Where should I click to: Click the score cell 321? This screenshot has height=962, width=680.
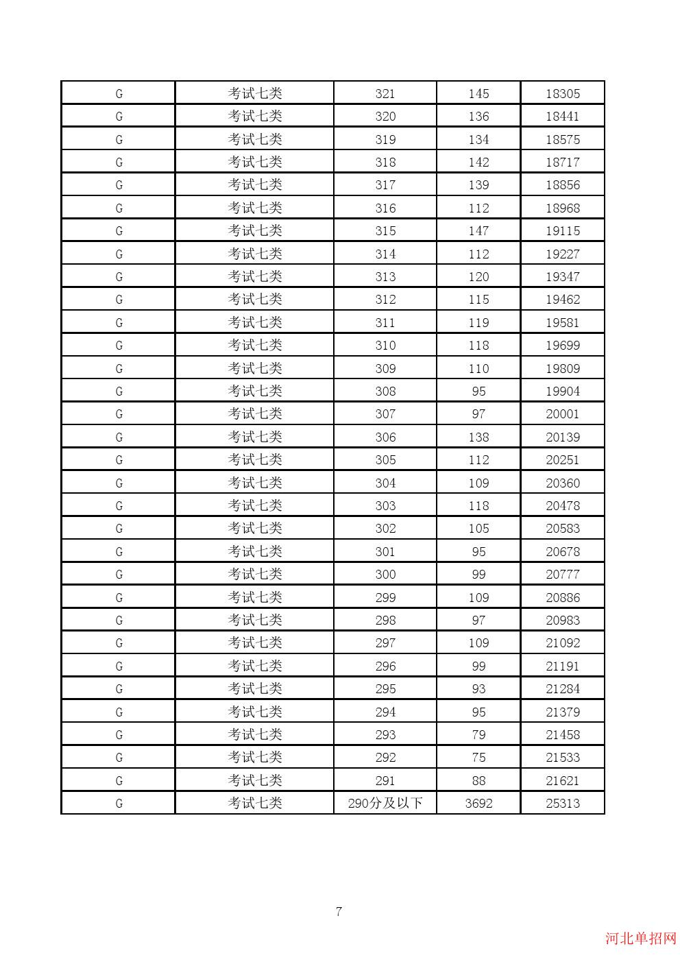pyautogui.click(x=385, y=94)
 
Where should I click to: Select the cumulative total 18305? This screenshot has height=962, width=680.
pyautogui.click(x=563, y=94)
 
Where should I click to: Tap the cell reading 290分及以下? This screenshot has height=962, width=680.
pyautogui.click(x=385, y=803)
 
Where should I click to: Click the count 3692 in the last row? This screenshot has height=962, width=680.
pyautogui.click(x=478, y=803)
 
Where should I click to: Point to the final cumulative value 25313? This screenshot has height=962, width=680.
pyautogui.click(x=563, y=803)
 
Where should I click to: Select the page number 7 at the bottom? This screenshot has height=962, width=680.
pyautogui.click(x=339, y=911)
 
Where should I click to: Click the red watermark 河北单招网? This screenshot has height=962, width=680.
pyautogui.click(x=640, y=939)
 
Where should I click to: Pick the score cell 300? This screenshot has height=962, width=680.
pyautogui.click(x=385, y=575)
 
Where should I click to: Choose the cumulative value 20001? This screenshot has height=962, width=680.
pyautogui.click(x=563, y=414)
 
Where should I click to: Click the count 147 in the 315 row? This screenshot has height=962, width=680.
pyautogui.click(x=478, y=231)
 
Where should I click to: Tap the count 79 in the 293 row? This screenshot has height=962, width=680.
pyautogui.click(x=478, y=734)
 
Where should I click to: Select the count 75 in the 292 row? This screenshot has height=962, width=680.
pyautogui.click(x=478, y=758)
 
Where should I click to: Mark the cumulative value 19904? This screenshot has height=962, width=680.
pyautogui.click(x=563, y=392)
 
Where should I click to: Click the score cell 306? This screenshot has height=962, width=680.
pyautogui.click(x=385, y=437)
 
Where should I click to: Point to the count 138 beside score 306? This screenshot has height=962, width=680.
pyautogui.click(x=478, y=437)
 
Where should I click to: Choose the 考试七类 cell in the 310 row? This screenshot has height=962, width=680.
pyautogui.click(x=255, y=346)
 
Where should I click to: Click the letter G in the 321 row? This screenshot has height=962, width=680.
pyautogui.click(x=119, y=94)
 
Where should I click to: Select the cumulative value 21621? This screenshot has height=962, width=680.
pyautogui.click(x=563, y=780)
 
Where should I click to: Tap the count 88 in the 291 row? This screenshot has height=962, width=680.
pyautogui.click(x=478, y=780)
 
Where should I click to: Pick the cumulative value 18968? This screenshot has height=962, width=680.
pyautogui.click(x=563, y=208)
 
